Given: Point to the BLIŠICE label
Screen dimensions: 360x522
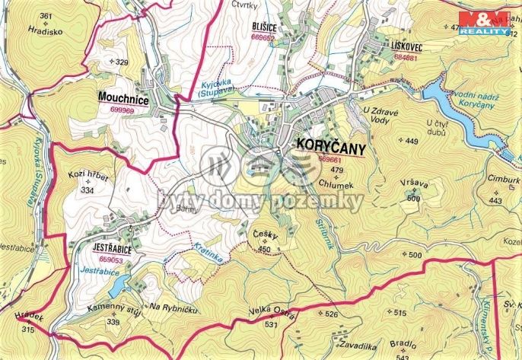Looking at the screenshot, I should (263, 26).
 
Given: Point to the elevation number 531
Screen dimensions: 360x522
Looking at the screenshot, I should (271, 325).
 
